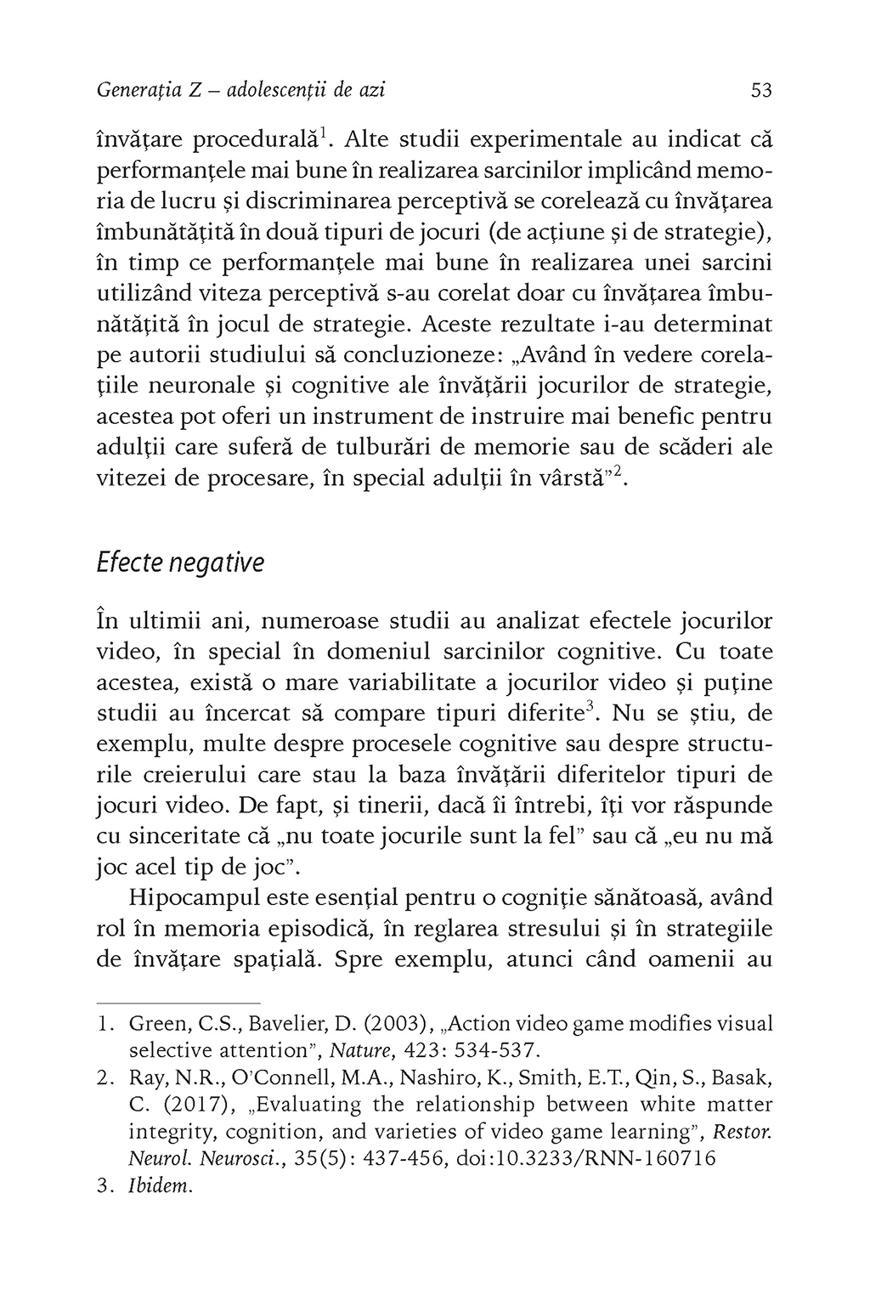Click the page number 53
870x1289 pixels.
(762, 90)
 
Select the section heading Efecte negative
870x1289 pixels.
(180, 563)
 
